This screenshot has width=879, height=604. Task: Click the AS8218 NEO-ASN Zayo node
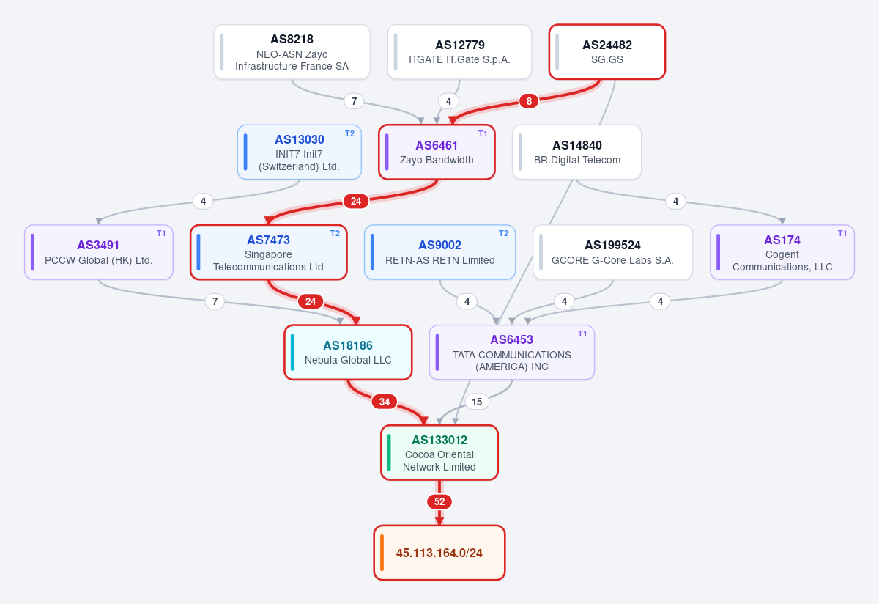tap(292, 52)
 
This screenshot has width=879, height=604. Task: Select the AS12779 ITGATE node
tap(459, 52)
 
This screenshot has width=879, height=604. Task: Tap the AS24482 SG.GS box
tap(607, 52)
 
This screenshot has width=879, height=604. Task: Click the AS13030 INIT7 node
tap(300, 152)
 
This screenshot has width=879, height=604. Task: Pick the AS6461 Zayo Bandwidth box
tap(437, 152)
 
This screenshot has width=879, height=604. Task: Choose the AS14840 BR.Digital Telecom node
tap(577, 152)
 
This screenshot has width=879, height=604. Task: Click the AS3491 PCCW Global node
tap(99, 252)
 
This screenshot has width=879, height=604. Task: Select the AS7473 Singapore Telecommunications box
tap(269, 252)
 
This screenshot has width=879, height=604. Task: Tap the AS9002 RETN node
tap(440, 252)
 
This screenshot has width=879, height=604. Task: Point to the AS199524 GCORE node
tap(612, 252)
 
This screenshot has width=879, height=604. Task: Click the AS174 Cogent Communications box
tap(782, 252)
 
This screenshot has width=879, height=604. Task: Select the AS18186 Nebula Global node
tap(348, 353)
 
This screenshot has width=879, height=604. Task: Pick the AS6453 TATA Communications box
tap(512, 353)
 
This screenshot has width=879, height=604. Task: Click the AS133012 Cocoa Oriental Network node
tap(439, 452)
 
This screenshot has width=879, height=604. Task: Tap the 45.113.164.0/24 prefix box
tap(439, 553)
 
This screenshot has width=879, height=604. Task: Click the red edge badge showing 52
tap(439, 501)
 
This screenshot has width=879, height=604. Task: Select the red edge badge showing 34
tap(385, 402)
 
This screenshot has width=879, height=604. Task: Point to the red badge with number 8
tap(529, 101)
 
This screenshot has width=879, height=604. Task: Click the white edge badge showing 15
tap(477, 402)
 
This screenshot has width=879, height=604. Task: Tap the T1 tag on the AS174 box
tap(842, 234)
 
